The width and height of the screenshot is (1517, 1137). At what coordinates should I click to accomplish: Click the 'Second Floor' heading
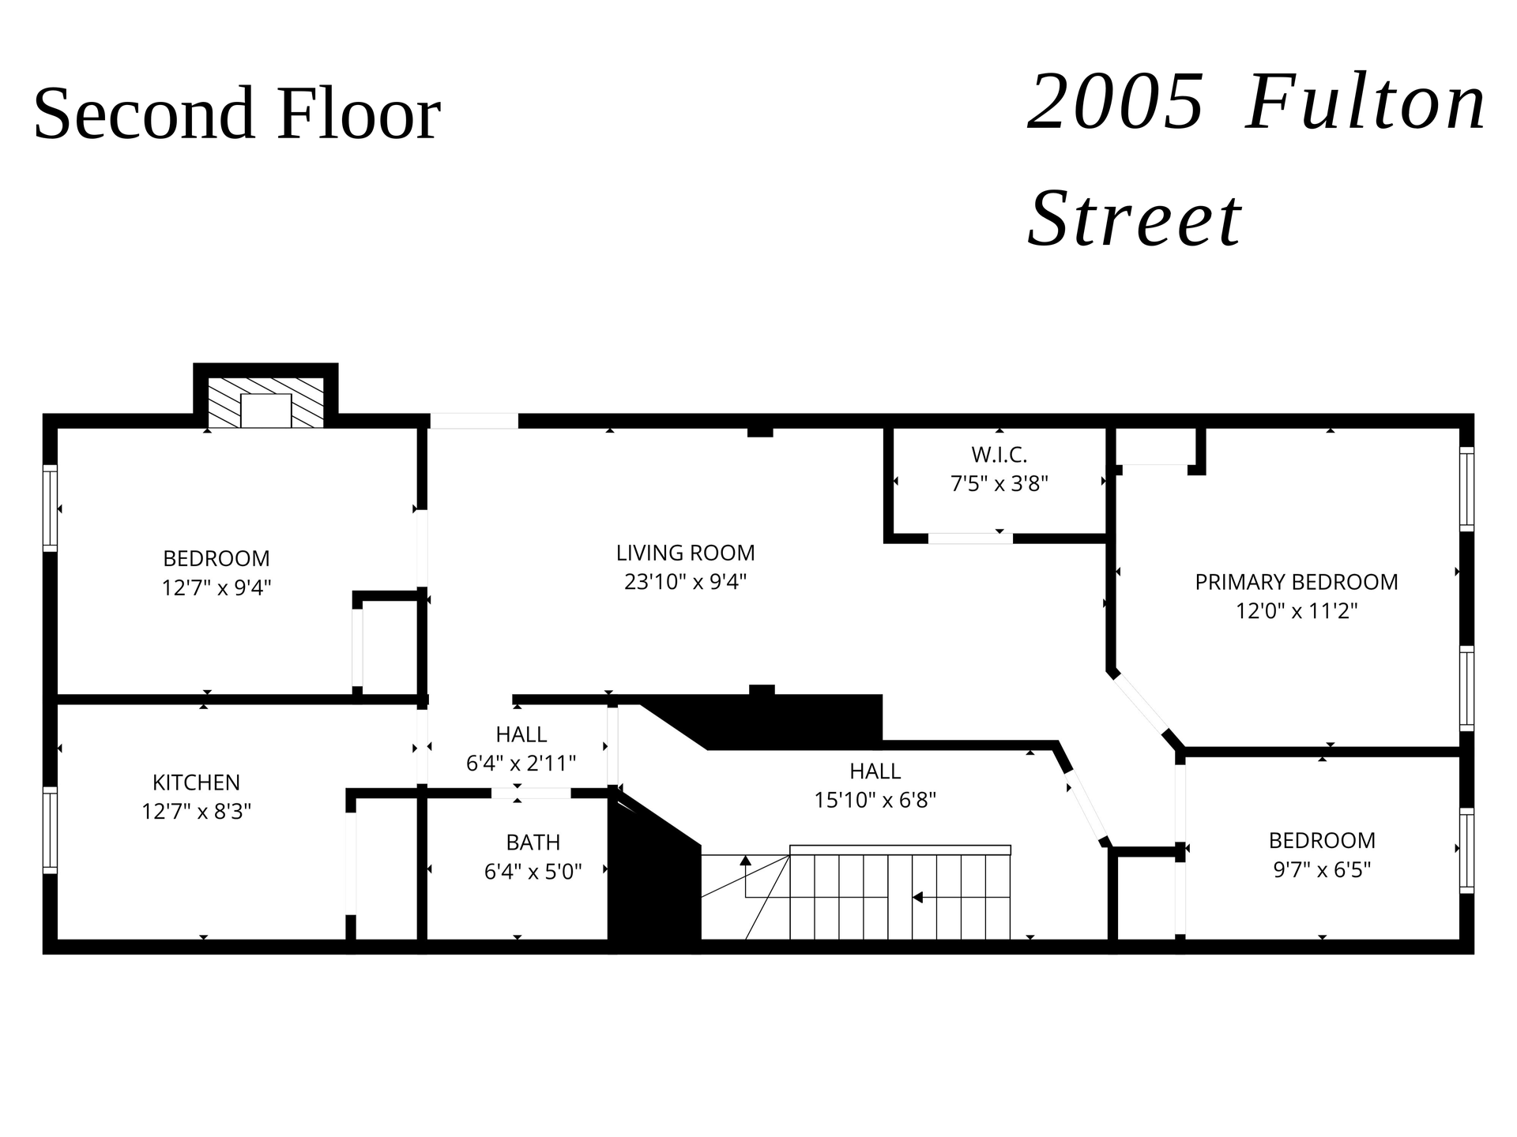tap(237, 114)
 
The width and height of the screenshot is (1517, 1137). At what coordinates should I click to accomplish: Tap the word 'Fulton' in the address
tap(1366, 103)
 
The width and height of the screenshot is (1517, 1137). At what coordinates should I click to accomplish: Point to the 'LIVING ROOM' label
tap(685, 553)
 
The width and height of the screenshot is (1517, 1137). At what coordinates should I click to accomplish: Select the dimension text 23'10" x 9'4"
tap(685, 582)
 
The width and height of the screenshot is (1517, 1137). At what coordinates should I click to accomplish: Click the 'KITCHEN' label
tap(196, 782)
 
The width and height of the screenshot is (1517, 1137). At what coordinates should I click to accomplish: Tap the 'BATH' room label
tap(533, 842)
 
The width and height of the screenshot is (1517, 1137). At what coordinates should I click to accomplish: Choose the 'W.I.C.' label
tap(999, 455)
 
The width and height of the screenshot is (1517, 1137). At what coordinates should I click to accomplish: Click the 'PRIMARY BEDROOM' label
tap(1297, 582)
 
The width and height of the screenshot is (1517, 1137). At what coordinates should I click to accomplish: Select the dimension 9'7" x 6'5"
tap(1322, 869)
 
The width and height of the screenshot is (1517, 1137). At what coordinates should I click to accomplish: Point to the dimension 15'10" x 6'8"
tap(875, 800)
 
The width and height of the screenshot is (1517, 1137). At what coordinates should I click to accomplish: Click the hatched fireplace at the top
tap(265, 402)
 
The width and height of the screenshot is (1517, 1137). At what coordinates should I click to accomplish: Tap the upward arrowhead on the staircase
tap(745, 860)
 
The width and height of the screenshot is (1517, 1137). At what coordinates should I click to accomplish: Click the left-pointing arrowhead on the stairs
tap(917, 897)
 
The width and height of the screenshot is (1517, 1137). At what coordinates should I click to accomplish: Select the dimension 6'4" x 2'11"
tap(521, 764)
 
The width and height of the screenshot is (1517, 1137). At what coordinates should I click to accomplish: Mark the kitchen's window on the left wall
tap(50, 830)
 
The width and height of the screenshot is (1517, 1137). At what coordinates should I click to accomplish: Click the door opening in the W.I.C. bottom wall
tap(970, 538)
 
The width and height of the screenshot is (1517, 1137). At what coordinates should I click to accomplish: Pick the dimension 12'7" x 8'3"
tap(196, 812)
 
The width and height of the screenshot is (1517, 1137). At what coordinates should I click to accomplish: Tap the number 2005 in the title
tap(1116, 103)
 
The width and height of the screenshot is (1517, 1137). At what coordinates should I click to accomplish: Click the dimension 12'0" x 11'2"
tap(1297, 611)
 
